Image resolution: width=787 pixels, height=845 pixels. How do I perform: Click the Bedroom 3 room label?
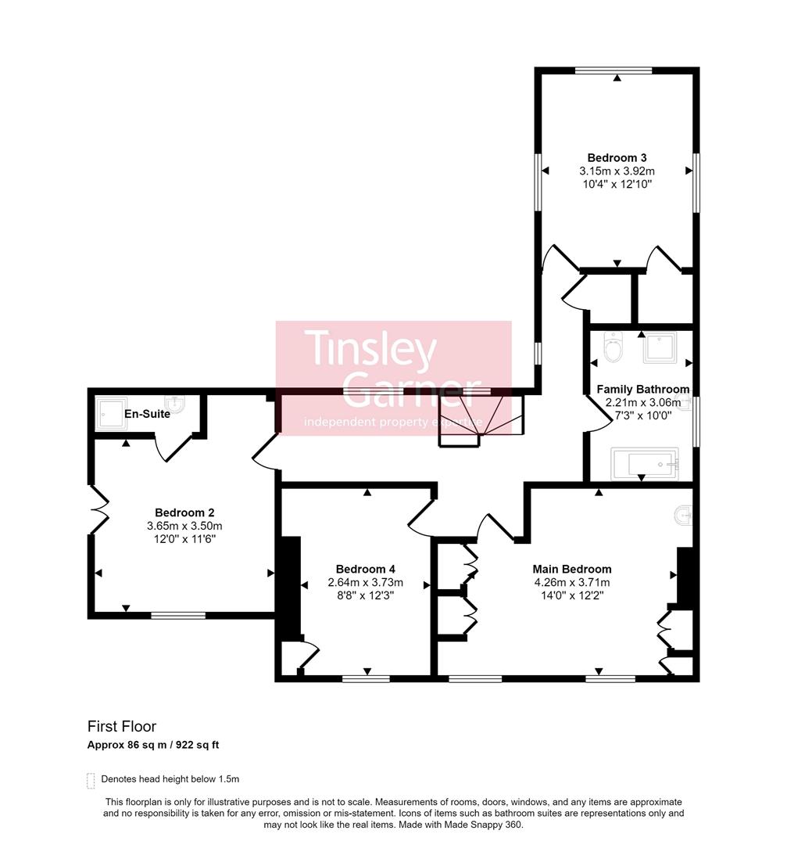[x=617, y=157]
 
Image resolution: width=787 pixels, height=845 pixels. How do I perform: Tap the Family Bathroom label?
[x=642, y=389]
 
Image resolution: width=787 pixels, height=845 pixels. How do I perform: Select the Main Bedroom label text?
[x=571, y=569]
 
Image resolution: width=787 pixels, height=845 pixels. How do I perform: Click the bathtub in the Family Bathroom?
[x=645, y=464]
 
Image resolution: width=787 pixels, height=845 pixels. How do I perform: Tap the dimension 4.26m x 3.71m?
[x=571, y=582]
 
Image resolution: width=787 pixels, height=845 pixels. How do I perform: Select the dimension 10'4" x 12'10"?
[x=617, y=184]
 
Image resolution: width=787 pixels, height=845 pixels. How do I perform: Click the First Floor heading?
[x=121, y=727]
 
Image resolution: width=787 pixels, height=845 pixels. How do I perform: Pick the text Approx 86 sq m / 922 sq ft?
[x=153, y=745]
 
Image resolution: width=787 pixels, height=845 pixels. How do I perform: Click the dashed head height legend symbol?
[x=91, y=780]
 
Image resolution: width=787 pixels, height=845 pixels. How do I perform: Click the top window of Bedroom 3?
[x=614, y=70]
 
